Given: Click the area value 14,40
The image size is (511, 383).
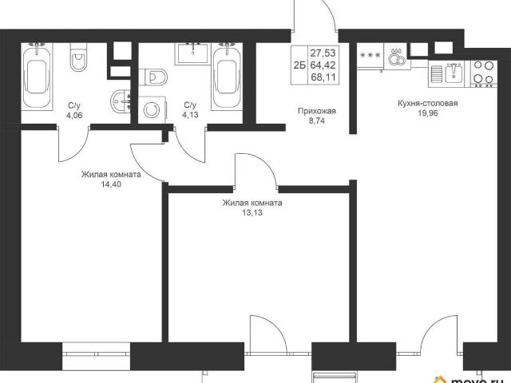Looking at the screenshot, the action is (x=111, y=184).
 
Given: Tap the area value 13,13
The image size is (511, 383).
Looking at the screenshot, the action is (x=252, y=213).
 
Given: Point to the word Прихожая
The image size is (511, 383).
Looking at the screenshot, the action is (x=317, y=112).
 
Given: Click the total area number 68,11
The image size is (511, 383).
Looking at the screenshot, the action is (x=323, y=77).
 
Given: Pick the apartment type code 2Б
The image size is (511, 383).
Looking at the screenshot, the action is (x=299, y=65).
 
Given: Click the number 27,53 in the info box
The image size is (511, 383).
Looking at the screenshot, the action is (x=323, y=53).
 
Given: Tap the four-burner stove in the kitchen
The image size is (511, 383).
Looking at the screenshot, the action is (x=484, y=73).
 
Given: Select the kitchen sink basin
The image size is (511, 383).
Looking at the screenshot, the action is (x=454, y=73).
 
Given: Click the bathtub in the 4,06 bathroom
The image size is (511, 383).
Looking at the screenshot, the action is (x=38, y=77).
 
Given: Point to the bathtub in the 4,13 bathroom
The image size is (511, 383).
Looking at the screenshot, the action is (x=227, y=77).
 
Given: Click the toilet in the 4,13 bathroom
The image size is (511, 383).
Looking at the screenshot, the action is (x=153, y=77).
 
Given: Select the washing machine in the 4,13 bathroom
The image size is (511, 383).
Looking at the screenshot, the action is (x=152, y=109).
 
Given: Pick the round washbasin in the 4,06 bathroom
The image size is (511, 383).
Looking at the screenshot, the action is (x=121, y=101).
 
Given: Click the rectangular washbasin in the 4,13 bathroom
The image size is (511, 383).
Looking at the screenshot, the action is (x=193, y=53).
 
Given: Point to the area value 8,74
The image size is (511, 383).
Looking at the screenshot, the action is (x=317, y=121).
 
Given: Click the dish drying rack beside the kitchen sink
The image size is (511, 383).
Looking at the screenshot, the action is (x=437, y=74).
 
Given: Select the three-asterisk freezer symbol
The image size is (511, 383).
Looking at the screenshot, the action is (x=370, y=55).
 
